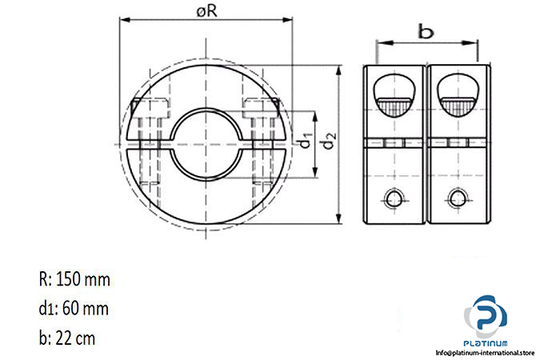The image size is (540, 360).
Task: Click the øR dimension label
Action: pos(206,11)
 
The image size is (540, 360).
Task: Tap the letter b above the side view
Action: pos(426,32)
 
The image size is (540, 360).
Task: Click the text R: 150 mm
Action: pos(74,279)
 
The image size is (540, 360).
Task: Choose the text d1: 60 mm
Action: pos(74,308)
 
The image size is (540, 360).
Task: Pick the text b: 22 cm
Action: pos(67,338)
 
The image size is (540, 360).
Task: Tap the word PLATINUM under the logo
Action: pos(486,343)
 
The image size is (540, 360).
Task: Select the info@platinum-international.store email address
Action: pos(485,353)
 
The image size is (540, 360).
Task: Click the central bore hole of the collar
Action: pos(206,144)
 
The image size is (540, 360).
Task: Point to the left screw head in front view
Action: pos(150,108)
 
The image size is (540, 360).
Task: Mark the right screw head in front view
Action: pos(261,108)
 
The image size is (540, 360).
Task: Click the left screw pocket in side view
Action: pos(394,96)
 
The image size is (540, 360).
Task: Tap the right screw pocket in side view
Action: pos(458,96)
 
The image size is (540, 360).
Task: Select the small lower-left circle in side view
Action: pos(394,198)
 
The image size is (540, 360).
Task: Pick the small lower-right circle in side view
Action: pos(458,198)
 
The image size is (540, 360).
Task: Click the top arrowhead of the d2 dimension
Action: pos(339,70)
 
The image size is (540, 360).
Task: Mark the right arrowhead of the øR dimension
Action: pos(286,20)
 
